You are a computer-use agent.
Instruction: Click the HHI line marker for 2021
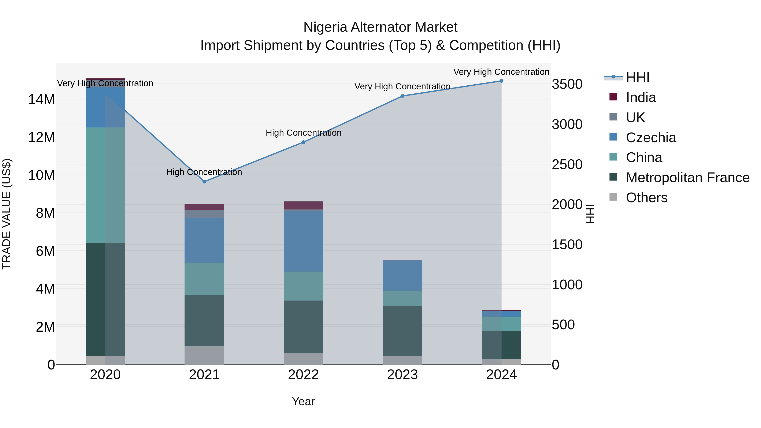204,182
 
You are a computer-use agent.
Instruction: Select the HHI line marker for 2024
501,81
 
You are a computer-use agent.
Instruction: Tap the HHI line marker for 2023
402,96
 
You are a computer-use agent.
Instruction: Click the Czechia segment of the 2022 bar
303,241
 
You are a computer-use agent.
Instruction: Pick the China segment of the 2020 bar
105,185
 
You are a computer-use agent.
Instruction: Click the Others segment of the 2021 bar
204,355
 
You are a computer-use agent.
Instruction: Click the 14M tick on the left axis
41,99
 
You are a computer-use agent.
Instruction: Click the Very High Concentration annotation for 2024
501,72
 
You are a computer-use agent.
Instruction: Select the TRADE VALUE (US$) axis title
7,214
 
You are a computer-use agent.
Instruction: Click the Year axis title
303,401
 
